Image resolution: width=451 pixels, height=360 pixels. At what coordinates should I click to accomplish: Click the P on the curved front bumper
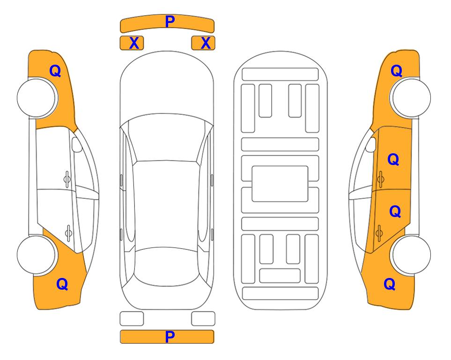(170, 22)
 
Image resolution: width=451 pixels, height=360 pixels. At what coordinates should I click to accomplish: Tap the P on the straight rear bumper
(170, 337)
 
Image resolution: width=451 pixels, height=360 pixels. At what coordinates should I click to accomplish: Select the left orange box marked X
(132, 43)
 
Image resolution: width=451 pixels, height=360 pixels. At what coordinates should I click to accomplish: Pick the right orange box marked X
(203, 43)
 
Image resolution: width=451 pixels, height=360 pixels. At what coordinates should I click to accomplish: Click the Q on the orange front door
(393, 159)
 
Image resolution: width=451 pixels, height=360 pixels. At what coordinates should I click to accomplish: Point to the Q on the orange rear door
(395, 211)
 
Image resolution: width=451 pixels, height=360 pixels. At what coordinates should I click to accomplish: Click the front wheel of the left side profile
(36, 97)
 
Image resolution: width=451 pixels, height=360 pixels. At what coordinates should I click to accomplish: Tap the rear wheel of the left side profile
(36, 255)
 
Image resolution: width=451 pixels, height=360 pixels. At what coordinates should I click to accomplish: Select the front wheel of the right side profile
(411, 97)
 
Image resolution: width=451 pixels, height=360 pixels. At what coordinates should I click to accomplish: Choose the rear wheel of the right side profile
(411, 255)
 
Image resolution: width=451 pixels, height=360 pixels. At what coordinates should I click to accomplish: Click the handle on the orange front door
(381, 179)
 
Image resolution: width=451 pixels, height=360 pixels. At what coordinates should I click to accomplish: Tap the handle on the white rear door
(68, 232)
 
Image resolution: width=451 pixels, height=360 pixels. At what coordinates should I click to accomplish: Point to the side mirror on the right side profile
(370, 144)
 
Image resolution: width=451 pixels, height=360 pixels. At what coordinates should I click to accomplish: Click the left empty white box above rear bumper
(132, 319)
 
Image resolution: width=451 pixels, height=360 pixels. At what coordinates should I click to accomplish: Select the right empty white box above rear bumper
(203, 319)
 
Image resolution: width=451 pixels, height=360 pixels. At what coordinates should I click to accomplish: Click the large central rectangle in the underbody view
(280, 184)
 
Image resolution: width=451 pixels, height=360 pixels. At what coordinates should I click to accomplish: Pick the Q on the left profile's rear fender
(62, 284)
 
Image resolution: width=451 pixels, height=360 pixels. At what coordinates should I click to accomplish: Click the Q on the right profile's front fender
(396, 71)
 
